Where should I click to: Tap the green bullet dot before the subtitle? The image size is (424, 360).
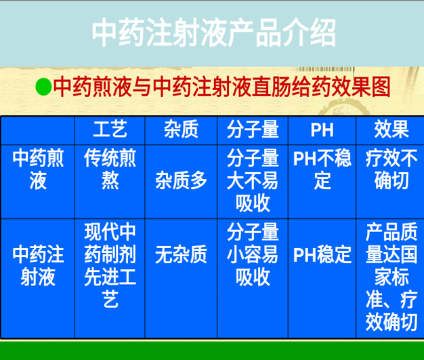coord(43,87)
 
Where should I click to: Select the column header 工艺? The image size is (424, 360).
coord(110,129)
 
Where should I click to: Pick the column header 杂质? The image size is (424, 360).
coord(181,129)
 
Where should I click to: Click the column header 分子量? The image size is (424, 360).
coord(253,129)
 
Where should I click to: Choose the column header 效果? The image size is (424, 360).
coord(391,129)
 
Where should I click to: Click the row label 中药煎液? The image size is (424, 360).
coord(38,170)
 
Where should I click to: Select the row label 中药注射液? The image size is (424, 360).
coord(38,266)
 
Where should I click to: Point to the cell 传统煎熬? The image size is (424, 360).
coord(110,170)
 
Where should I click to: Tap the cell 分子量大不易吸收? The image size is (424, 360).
coord(253,180)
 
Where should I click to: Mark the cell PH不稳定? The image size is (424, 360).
coord(322,170)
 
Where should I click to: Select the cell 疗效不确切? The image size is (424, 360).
coord(391,170)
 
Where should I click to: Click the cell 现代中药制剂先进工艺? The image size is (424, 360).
coord(110,266)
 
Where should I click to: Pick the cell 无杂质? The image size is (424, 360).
coord(181,255)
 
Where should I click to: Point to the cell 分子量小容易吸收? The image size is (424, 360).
coord(253,255)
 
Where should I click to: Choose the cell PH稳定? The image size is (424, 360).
coord(322,255)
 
